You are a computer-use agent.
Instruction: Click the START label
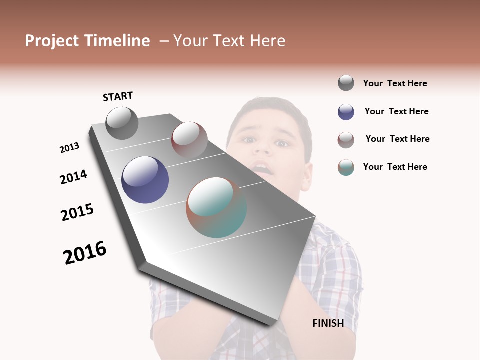tap(118, 96)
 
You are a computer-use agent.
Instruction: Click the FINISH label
tap(328, 323)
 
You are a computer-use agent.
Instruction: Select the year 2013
tap(70, 148)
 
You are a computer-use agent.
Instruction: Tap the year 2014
tap(74, 177)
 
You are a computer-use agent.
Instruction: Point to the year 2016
tap(85, 253)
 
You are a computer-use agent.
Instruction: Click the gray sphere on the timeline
tap(122, 123)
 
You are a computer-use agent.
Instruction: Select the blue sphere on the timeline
tap(145, 180)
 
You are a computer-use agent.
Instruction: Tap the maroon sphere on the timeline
tap(189, 139)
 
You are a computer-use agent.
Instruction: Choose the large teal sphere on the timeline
tap(216, 207)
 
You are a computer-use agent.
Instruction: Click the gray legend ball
tap(346, 83)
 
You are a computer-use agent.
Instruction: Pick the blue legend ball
tap(346, 112)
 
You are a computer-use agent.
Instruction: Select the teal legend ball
tap(346, 167)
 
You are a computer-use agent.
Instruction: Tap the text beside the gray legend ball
tap(395, 83)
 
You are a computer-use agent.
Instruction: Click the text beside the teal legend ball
tap(395, 167)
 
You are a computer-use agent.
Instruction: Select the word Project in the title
tap(52, 41)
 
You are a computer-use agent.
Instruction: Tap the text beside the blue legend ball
tap(396, 111)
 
